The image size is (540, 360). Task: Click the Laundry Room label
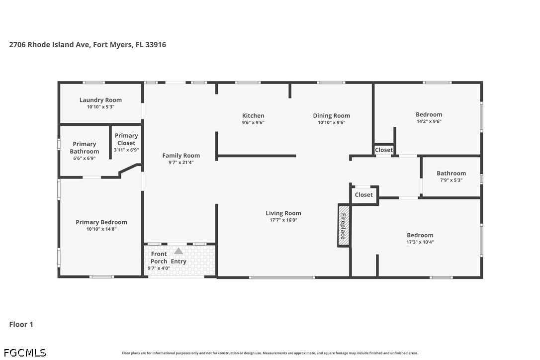click(x=100, y=100)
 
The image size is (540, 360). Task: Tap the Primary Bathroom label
click(x=85, y=148)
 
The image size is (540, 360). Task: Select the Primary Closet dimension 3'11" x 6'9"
click(x=126, y=150)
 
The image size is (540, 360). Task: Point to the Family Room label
click(x=181, y=155)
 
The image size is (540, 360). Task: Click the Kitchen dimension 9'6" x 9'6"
click(x=253, y=122)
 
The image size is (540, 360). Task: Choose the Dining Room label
click(x=331, y=116)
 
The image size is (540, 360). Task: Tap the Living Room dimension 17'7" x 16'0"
click(x=283, y=220)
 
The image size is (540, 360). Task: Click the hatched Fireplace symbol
click(x=344, y=225)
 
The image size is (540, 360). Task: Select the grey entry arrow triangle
click(x=179, y=251)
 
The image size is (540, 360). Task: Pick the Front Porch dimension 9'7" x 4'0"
click(x=159, y=268)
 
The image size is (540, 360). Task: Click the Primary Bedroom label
click(x=101, y=222)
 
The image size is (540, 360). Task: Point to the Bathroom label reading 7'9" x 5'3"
click(x=451, y=173)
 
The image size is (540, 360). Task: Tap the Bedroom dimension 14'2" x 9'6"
click(x=429, y=121)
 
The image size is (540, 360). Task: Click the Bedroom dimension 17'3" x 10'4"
click(x=420, y=242)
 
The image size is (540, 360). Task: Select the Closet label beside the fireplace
click(x=363, y=194)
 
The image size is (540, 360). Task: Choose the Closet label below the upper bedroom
click(x=384, y=150)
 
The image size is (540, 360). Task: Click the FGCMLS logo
click(x=25, y=353)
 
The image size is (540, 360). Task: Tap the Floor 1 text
click(x=21, y=324)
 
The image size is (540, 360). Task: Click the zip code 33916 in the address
click(x=156, y=44)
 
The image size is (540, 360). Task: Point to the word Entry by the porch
click(x=179, y=262)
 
